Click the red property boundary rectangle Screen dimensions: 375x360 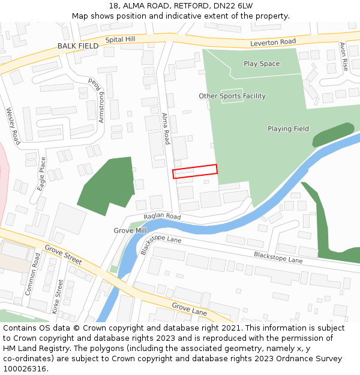pos(195,172)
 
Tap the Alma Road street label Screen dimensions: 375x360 pos(166,129)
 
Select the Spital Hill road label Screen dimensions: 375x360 pos(121,40)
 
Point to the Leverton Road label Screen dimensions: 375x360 pos(273,42)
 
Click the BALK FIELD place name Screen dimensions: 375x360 pos(78,46)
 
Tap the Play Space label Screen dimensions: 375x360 pos(262,64)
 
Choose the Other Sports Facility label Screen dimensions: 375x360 pos(232,96)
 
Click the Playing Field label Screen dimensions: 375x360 pos(288,128)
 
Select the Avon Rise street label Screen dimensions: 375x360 pos(344,56)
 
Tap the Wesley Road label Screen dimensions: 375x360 pos(13,126)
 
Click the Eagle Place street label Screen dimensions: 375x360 pos(41,174)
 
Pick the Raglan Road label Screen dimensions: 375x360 pos(162,217)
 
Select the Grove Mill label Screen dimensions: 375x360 pos(130,230)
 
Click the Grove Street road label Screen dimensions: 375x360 pos(63,255)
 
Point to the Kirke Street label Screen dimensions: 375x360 pos(58,297)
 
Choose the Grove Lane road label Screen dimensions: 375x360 pos(190,309)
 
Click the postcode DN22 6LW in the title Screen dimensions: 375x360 pos(233,6)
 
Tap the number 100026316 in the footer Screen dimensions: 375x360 pos(25,369)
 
